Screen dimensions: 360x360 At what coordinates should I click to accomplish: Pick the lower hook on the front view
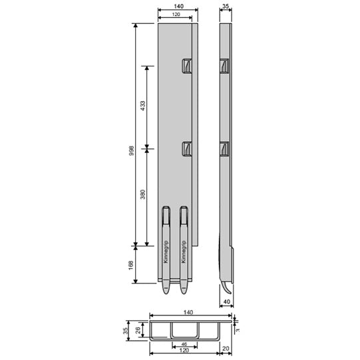click(187, 150)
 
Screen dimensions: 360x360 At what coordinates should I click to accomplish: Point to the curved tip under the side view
click(228, 287)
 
